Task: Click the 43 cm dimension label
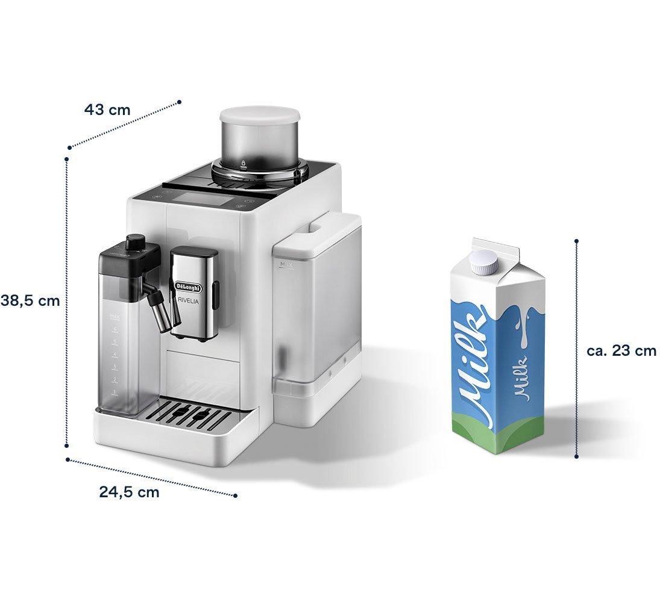[107, 110]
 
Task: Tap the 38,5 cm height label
[30, 301]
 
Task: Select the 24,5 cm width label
[129, 492]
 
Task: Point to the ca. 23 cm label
[621, 350]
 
